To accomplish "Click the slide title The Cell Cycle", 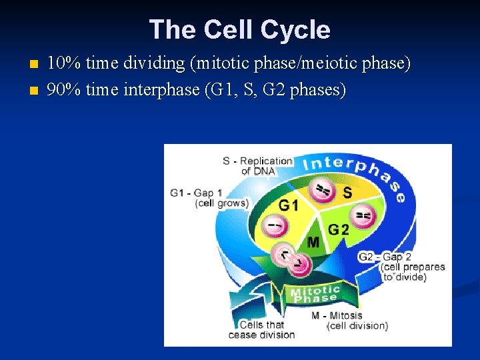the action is pyautogui.click(x=240, y=29).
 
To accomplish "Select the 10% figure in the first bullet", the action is pyautogui.click(x=64, y=64).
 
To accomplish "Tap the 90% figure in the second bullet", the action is pyautogui.click(x=64, y=89).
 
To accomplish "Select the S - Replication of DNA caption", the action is pyautogui.click(x=257, y=165).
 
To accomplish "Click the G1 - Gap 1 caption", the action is pyautogui.click(x=208, y=198).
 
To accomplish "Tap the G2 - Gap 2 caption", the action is pyautogui.click(x=401, y=267).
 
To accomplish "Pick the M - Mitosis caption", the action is pyautogui.click(x=349, y=321).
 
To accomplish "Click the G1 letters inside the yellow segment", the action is pyautogui.click(x=289, y=205).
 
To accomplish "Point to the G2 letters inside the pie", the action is pyautogui.click(x=338, y=230).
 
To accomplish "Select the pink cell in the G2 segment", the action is pyautogui.click(x=364, y=215).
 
